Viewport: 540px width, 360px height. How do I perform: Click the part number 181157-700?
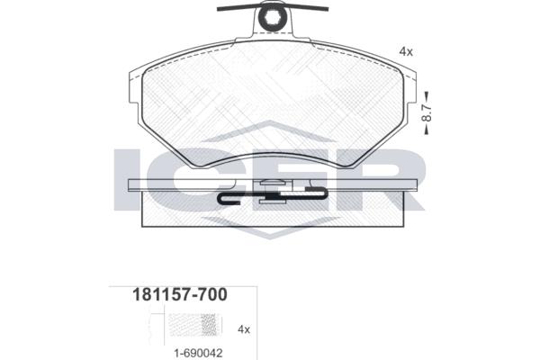pos(180,295)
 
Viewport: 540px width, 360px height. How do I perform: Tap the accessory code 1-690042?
pos(198,353)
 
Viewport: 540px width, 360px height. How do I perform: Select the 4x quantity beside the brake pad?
pos(406,51)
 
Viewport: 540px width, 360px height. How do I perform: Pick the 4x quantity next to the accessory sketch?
pos(244,329)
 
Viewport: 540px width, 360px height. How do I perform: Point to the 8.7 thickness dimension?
pos(427,112)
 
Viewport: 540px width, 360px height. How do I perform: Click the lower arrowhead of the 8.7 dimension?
pos(427,130)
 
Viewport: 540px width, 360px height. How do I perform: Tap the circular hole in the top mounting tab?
pos(272,18)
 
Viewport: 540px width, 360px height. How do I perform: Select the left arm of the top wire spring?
pos(238,7)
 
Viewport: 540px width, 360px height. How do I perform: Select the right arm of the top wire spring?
pos(307,7)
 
